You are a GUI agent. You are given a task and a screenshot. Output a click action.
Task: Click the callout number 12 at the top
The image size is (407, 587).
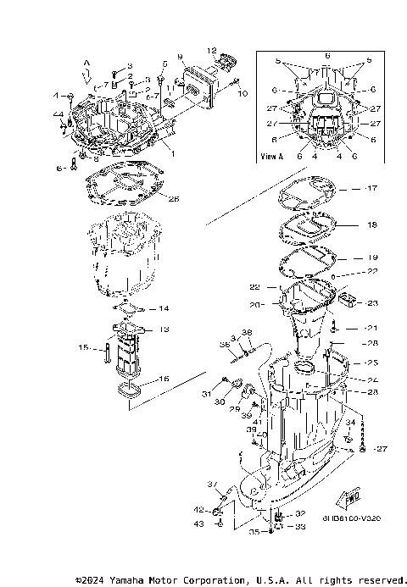coord(212,51)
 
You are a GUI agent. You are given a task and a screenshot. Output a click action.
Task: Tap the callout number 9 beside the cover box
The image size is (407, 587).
coord(180,57)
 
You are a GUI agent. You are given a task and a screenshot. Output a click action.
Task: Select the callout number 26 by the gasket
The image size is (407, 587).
coord(174,199)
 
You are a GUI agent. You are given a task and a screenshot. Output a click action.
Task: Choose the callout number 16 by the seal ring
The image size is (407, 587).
coord(164,379)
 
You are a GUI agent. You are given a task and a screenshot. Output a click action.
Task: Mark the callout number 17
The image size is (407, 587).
coord(371,187)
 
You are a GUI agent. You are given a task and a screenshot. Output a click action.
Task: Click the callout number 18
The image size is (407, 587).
coord(371,226)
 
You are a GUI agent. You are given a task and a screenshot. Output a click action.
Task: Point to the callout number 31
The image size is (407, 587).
coord(206,393)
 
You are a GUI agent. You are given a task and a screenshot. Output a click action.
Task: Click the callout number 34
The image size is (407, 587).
coord(350,422)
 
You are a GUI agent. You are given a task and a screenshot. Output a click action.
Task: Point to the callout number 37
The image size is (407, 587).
coord(212,484)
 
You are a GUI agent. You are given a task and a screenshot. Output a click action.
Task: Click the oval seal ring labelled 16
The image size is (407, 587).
coord(130,390)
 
